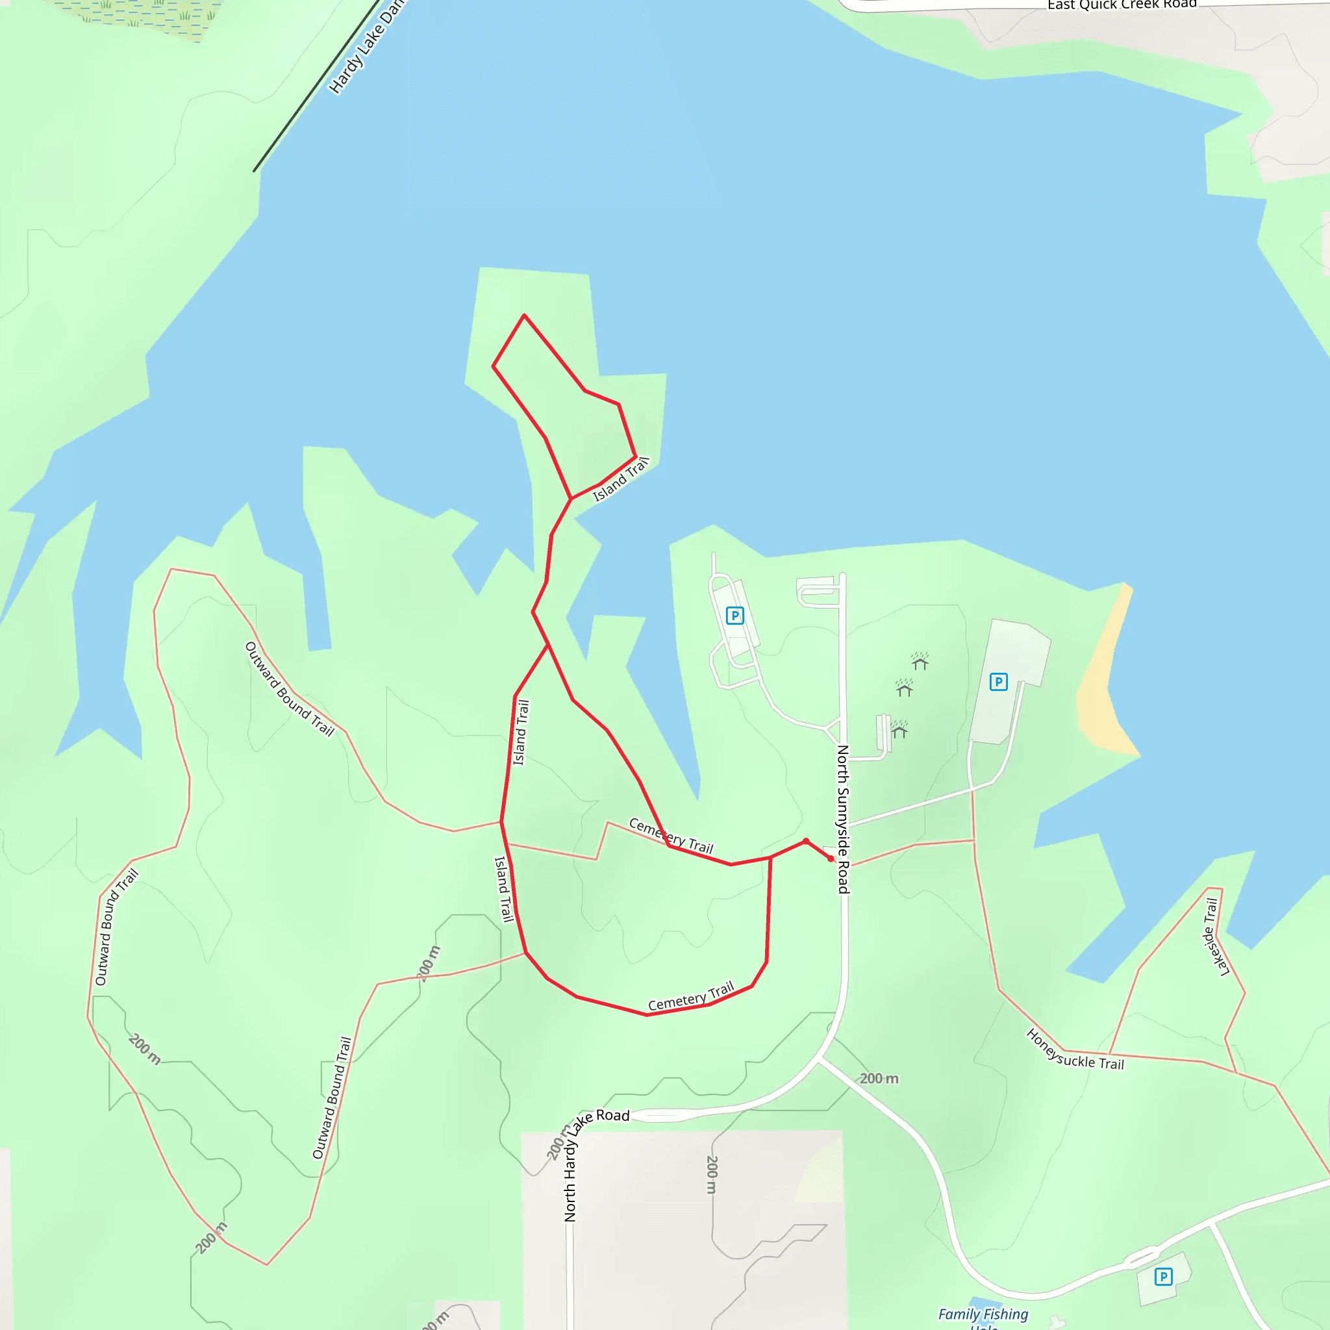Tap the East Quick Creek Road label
click(1122, 5)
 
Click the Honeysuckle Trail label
click(1075, 1050)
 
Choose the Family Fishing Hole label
click(983, 1316)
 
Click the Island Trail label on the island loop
click(621, 480)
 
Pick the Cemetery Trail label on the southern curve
click(691, 997)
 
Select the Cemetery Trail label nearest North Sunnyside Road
click(671, 835)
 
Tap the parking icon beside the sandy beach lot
click(998, 681)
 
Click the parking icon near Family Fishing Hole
click(1163, 1277)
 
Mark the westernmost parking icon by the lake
click(734, 616)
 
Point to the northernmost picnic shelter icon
click(920, 662)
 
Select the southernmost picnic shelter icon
click(899, 729)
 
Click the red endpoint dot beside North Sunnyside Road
click(831, 859)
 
